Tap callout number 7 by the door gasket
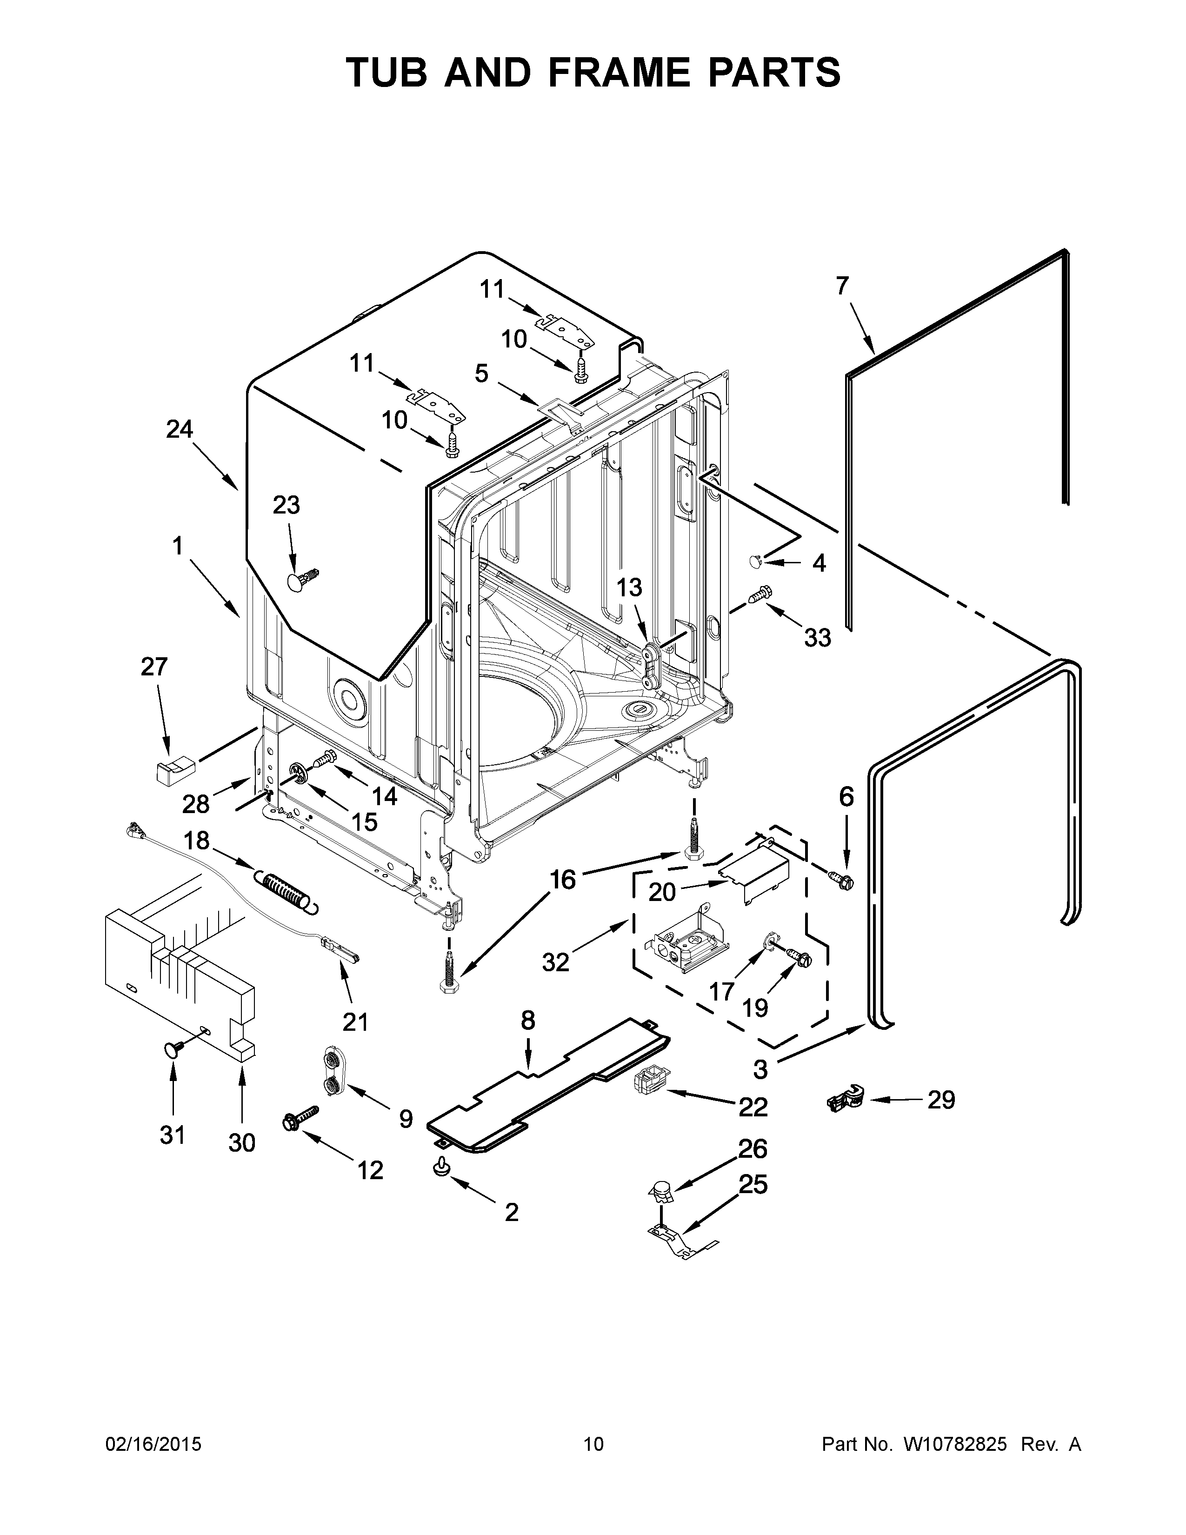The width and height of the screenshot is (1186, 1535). coord(842,286)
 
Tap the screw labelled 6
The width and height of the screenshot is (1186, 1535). coord(842,879)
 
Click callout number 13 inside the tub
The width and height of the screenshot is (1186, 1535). coord(630,587)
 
